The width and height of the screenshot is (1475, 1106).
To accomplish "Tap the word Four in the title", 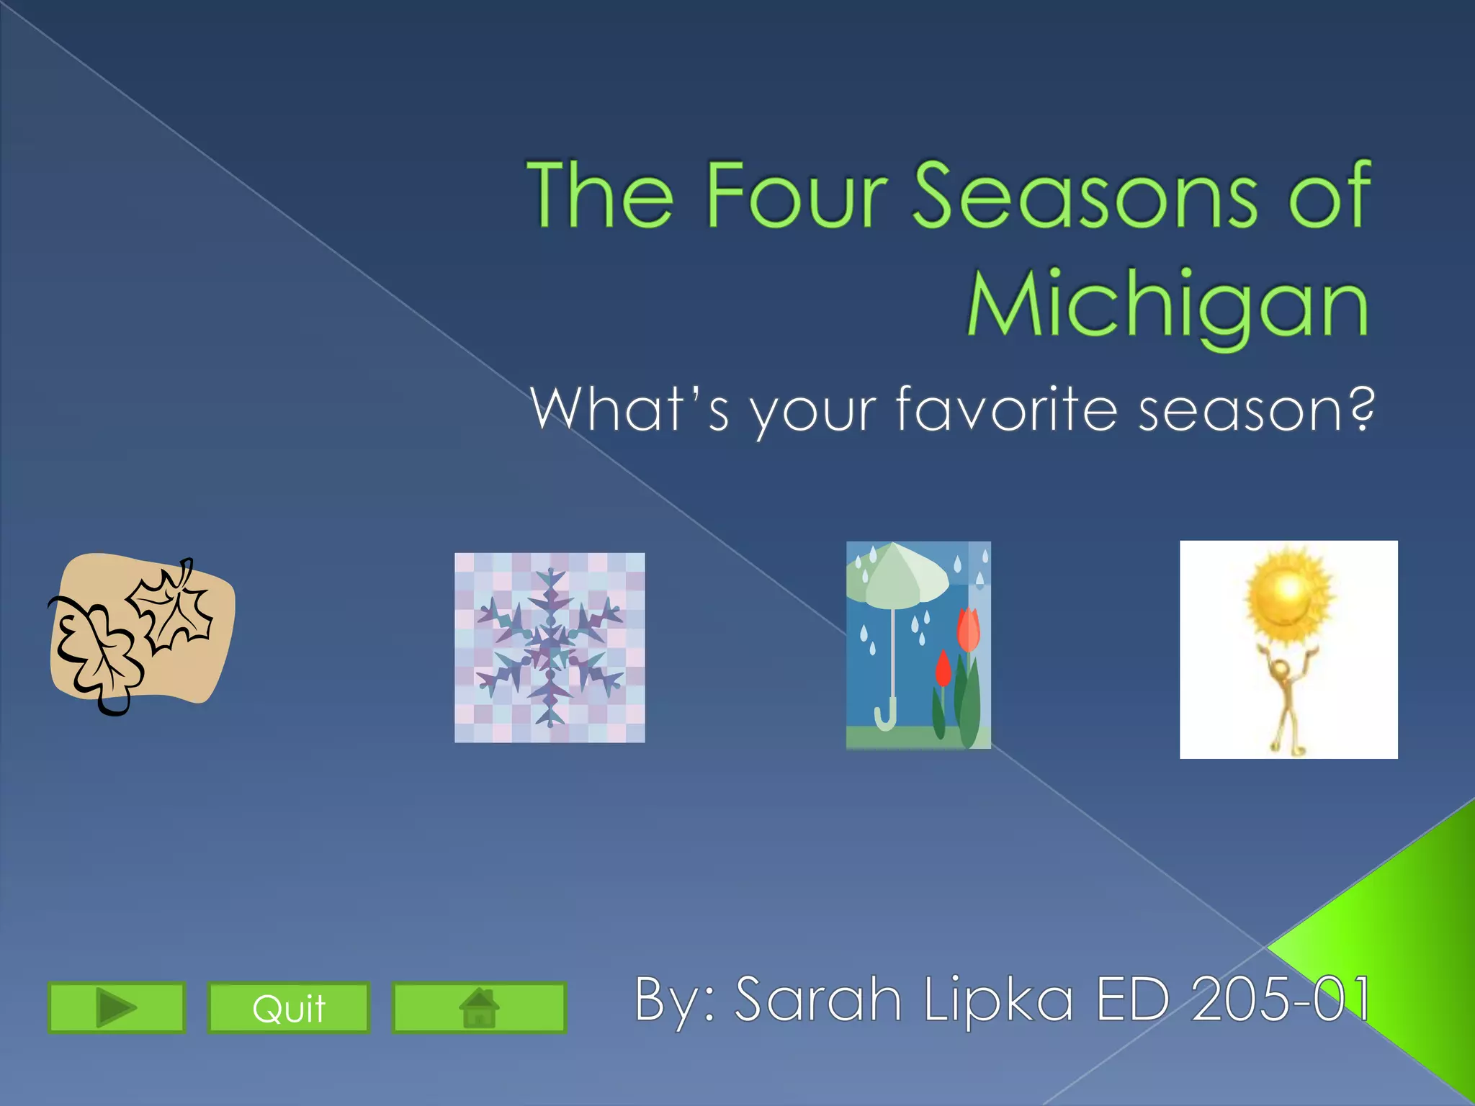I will click(795, 195).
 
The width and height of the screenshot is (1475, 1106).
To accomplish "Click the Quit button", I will click(289, 1007).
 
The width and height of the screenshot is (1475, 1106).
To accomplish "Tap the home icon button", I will click(479, 1007).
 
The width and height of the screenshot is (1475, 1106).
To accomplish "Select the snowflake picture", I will click(550, 647).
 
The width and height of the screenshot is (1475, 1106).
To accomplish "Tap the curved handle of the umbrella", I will click(884, 717).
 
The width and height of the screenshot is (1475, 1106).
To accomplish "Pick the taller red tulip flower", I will click(969, 628).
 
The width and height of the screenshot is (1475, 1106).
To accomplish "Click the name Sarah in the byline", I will click(818, 999).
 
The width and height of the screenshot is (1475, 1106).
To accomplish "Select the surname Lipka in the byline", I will click(998, 999).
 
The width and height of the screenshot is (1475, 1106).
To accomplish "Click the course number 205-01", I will click(1281, 999).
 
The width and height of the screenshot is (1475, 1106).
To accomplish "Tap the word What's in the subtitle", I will click(629, 409).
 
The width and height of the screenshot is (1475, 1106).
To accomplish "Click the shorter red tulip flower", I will click(943, 669).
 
